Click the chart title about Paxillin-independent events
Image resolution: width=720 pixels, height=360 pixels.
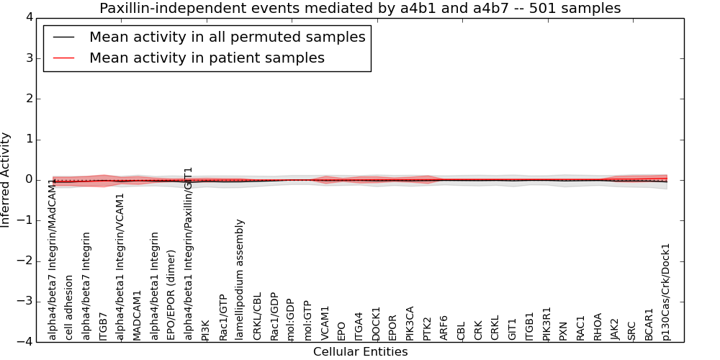coord(360,9)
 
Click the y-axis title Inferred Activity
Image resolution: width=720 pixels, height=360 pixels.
coord(6,179)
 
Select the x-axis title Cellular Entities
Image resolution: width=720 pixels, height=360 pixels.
coord(360,351)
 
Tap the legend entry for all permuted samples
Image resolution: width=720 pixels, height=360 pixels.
coord(227,37)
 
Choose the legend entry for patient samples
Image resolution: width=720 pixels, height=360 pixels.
coord(207,58)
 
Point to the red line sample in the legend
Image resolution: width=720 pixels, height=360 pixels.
coord(63,58)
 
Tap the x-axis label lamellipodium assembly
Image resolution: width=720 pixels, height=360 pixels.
coord(240,279)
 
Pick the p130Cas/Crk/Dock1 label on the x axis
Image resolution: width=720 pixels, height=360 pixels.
coord(666,292)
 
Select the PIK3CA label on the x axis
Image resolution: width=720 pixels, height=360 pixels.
coord(410,323)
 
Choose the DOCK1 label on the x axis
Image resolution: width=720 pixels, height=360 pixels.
coord(377,323)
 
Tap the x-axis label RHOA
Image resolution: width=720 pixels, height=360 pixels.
coord(598,326)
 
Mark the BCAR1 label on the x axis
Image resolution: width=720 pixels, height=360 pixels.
coord(649,325)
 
